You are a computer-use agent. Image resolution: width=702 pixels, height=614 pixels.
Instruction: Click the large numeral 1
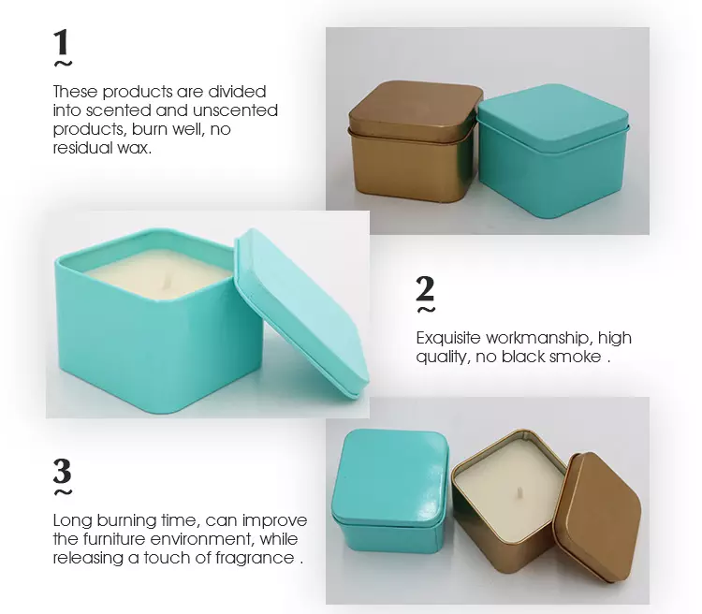tap(62, 42)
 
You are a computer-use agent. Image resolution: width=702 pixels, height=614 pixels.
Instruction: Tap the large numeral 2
tap(425, 288)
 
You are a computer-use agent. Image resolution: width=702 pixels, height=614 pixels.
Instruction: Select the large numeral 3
tap(62, 471)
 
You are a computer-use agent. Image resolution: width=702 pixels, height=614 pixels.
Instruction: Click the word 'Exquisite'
tap(448, 338)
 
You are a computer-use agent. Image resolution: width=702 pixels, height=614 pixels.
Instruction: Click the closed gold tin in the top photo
tap(414, 140)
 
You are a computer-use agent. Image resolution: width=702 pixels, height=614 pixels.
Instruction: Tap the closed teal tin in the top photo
tap(553, 151)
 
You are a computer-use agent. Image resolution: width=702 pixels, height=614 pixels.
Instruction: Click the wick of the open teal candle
tap(167, 281)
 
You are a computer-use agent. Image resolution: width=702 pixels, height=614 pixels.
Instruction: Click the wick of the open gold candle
tap(520, 491)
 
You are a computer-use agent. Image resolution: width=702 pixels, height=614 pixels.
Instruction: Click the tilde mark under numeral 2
tap(426, 310)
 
